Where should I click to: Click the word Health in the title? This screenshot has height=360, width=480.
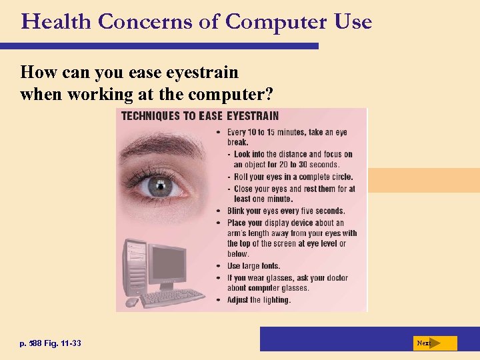pyautogui.click(x=57, y=21)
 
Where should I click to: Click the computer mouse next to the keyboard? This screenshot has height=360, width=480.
pyautogui.click(x=131, y=302)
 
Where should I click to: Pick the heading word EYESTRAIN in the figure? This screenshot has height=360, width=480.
pyautogui.click(x=253, y=116)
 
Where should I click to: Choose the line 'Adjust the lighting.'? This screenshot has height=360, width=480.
pyautogui.click(x=259, y=300)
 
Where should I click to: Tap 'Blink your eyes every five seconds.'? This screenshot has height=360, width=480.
pyautogui.click(x=286, y=211)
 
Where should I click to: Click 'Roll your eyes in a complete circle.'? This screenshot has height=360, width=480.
pyautogui.click(x=293, y=177)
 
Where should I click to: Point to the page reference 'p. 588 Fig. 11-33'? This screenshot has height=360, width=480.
pyautogui.click(x=51, y=343)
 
